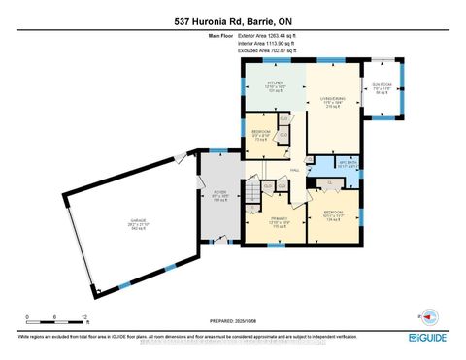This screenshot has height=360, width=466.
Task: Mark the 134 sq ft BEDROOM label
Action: click(334, 216)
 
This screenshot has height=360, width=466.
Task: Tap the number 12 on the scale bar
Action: click(85, 317)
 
